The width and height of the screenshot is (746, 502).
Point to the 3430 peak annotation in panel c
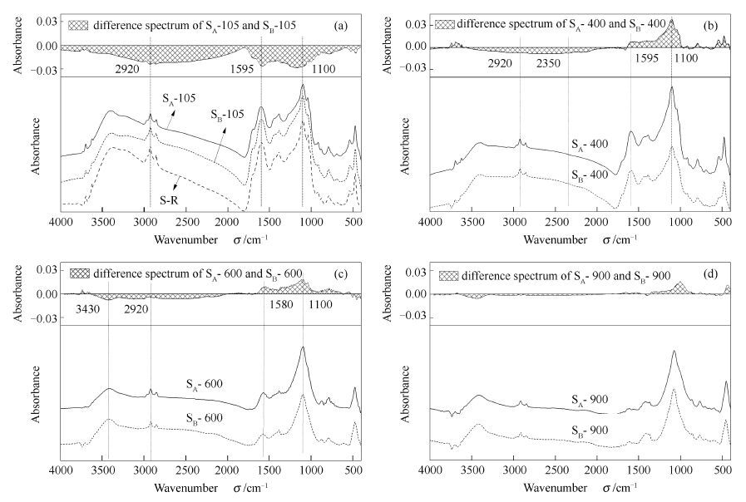pyautogui.click(x=87, y=310)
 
